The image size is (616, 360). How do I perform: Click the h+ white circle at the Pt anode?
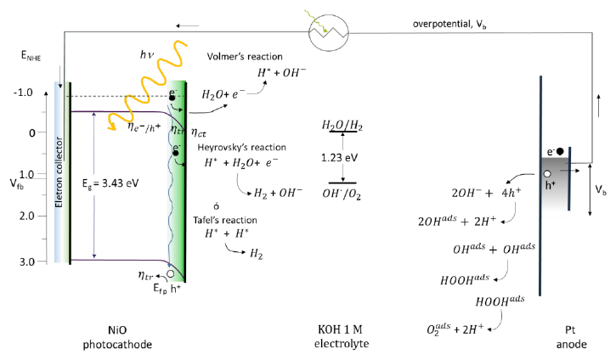548,173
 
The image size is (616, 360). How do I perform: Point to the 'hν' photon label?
148,55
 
